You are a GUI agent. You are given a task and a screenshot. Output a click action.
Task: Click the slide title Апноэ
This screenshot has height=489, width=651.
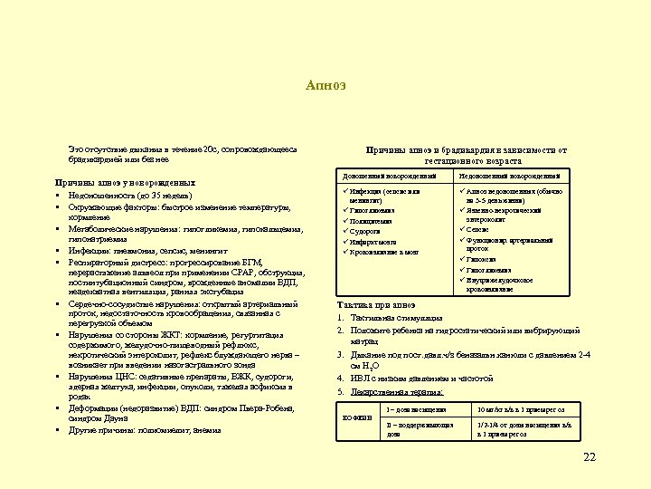[325, 86]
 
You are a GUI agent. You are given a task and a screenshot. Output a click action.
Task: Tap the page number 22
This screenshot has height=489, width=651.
[590, 457]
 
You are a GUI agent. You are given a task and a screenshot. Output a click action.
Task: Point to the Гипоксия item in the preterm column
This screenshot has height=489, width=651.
[484, 260]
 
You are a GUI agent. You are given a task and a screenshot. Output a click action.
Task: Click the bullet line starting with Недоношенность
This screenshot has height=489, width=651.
[127, 194]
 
